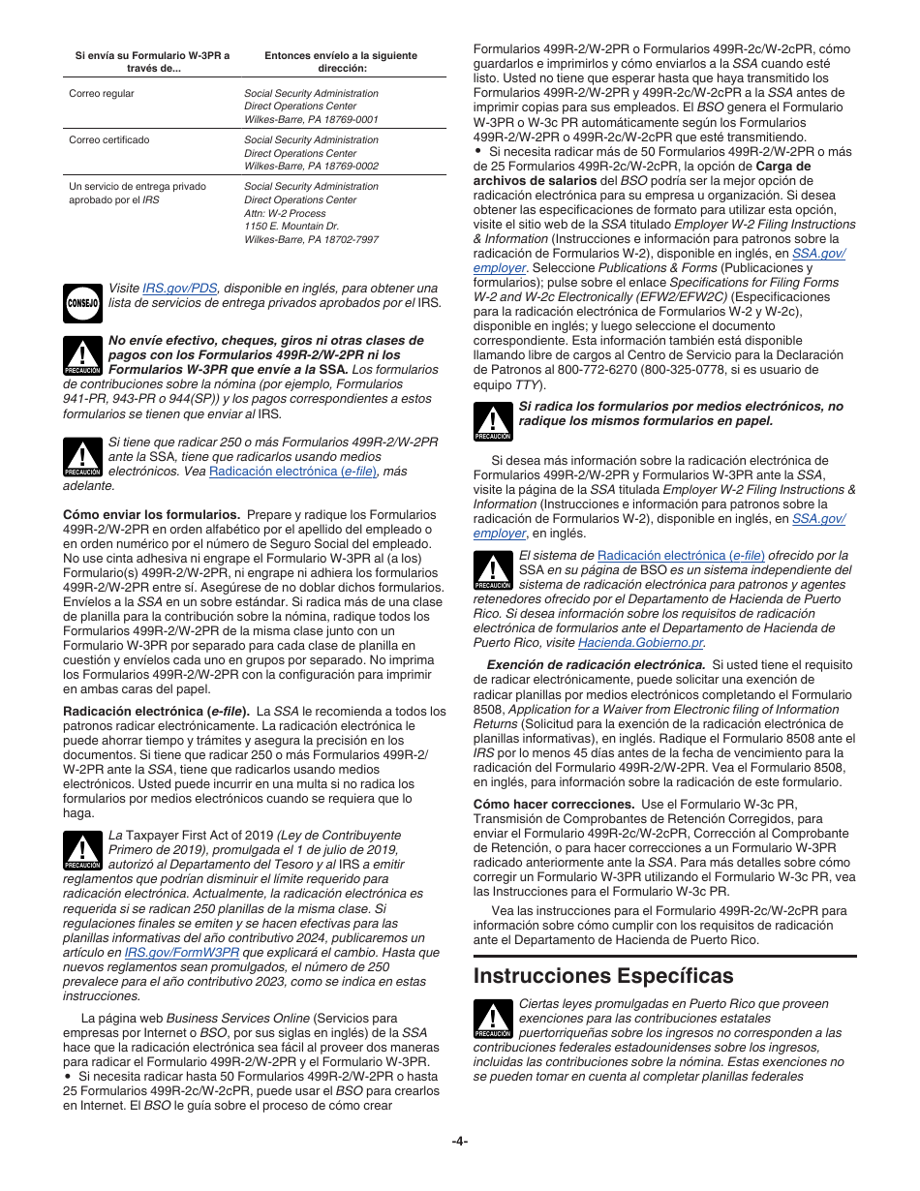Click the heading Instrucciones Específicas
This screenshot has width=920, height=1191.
(603, 975)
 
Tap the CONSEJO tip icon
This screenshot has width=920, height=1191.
(82, 303)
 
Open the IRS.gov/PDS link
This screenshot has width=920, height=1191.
(180, 289)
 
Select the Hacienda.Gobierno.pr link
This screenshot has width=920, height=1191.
(640, 643)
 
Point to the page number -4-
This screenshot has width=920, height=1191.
(460, 1141)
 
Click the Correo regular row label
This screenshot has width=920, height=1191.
(102, 94)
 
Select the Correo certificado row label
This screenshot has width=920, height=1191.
(109, 140)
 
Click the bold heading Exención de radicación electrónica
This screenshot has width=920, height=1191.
(596, 665)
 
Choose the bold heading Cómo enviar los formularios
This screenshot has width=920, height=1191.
(151, 515)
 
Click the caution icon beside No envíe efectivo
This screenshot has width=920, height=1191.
(82, 355)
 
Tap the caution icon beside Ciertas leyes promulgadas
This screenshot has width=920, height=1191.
(493, 1019)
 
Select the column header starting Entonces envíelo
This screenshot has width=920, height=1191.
(341, 62)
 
